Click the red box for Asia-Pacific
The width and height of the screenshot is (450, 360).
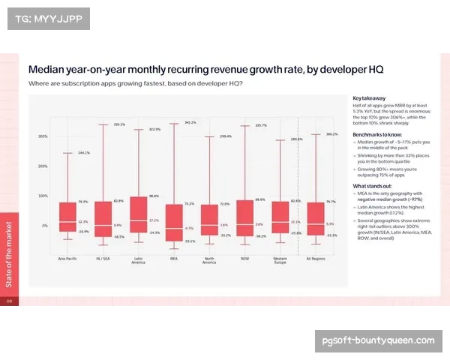click(67, 217)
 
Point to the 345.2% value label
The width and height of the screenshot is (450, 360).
click(190, 122)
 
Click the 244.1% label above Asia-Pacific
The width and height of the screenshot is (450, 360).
click(83, 152)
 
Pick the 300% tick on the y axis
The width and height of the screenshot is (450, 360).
click(43, 136)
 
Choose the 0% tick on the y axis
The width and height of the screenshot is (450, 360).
click(44, 225)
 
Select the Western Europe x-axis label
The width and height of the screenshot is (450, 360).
click(279, 260)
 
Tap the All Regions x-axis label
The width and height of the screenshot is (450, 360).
click(315, 259)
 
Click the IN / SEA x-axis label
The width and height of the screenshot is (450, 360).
click(103, 259)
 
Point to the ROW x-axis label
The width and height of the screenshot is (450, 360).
click(244, 259)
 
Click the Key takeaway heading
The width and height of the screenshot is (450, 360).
click(369, 98)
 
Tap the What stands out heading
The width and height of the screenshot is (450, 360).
click(373, 186)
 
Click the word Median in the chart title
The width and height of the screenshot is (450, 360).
click(46, 69)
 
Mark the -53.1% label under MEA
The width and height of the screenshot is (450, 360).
click(190, 241)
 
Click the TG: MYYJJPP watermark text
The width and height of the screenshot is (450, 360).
click(48, 18)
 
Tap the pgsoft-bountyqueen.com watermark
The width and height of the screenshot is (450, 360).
click(378, 340)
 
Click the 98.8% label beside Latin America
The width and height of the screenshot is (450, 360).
click(154, 196)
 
